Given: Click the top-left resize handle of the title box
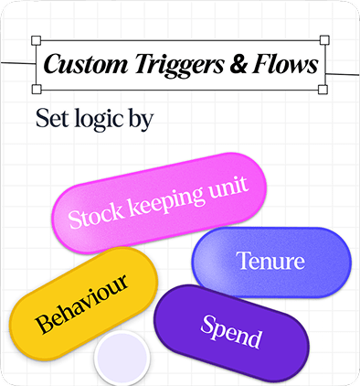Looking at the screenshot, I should point(36,41).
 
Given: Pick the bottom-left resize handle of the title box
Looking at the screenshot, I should point(36,89).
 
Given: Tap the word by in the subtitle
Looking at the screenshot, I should point(140,121).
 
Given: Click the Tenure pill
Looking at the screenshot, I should point(270,262).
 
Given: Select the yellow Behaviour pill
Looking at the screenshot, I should point(82,302).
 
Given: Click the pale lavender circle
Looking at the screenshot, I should point(122,359).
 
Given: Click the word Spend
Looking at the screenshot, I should point(230,332).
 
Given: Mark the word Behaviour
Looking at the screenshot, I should point(82,302).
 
